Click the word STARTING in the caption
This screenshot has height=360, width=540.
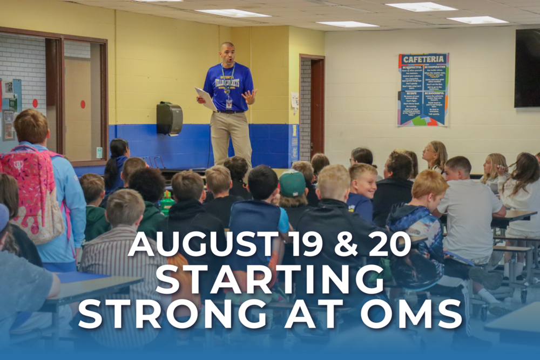pyautogui.click(x=270, y=279)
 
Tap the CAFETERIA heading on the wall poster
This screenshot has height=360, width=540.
pyautogui.click(x=424, y=60)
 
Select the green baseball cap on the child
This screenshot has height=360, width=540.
pyautogui.click(x=292, y=184)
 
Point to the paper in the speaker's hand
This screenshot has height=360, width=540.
pyautogui.click(x=206, y=97)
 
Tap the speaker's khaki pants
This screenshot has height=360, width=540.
pyautogui.click(x=231, y=135)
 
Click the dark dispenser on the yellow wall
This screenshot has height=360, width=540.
pyautogui.click(x=169, y=118)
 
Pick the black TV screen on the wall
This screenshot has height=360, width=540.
pyautogui.click(x=526, y=67)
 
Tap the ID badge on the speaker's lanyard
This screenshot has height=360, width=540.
pyautogui.click(x=229, y=103)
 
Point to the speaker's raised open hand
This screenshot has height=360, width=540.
pyautogui.click(x=249, y=96)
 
